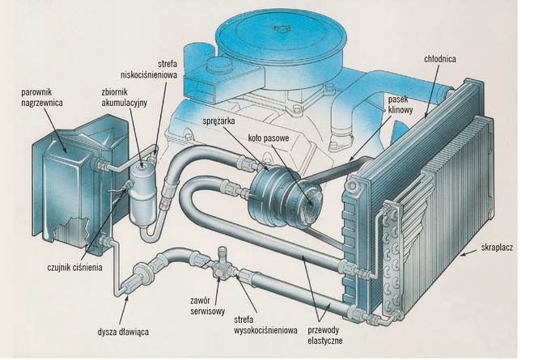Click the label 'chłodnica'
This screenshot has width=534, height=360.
pyautogui.click(x=444, y=59)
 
